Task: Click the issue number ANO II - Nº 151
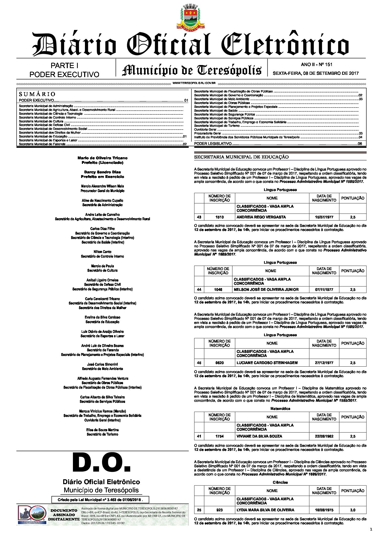(x=316, y=65)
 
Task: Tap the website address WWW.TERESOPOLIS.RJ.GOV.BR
(x=194, y=83)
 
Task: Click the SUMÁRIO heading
(x=37, y=94)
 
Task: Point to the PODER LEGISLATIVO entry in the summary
(x=213, y=144)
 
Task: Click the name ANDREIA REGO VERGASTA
(x=261, y=217)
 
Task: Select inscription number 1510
(x=220, y=217)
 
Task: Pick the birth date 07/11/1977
(x=324, y=290)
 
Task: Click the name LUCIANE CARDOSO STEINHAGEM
(x=267, y=363)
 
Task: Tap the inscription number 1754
(x=220, y=436)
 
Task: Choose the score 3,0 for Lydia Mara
(x=353, y=510)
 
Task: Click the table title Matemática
(x=280, y=409)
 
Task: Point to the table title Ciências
(x=280, y=482)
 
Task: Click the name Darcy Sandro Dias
(x=102, y=172)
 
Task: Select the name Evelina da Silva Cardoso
(x=102, y=317)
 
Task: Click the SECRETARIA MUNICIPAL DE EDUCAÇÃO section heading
(x=241, y=157)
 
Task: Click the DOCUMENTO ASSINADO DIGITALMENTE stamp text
(x=64, y=515)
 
